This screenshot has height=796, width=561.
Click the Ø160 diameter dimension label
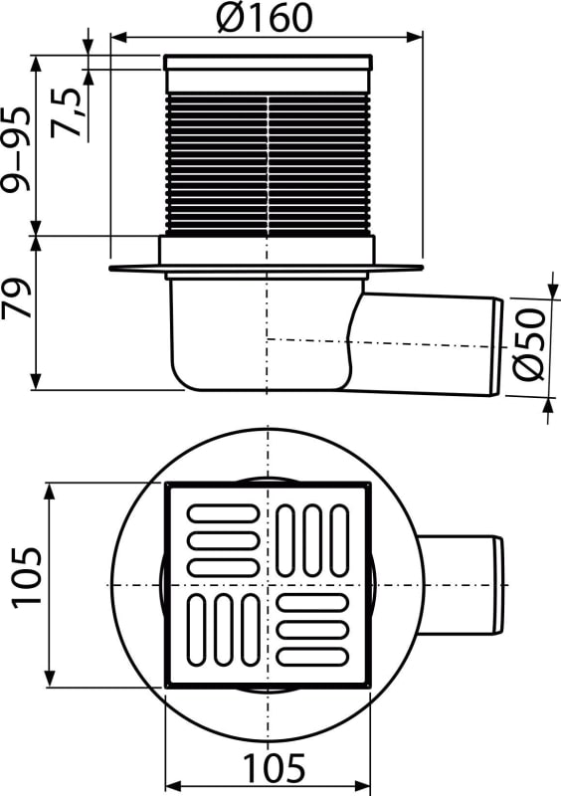[x=264, y=17]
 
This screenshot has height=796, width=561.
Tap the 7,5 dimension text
[x=68, y=112]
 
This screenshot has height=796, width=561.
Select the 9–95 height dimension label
[x=17, y=149]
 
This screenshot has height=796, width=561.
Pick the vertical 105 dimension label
[x=28, y=577]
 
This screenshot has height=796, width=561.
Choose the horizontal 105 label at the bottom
[x=274, y=768]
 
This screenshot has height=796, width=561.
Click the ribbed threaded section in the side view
[x=268, y=164]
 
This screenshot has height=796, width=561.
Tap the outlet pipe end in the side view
[x=498, y=347]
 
